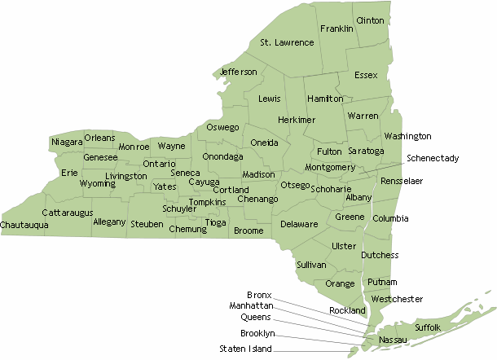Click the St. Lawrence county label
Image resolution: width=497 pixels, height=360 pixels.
click(287, 42)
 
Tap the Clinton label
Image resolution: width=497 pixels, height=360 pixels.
click(370, 20)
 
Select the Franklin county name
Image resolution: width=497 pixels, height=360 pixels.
click(336, 29)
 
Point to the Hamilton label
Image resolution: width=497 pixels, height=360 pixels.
click(326, 99)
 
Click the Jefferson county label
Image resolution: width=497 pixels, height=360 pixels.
click(239, 72)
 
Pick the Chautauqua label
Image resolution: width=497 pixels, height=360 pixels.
click(24, 224)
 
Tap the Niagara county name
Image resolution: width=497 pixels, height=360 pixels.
click(67, 143)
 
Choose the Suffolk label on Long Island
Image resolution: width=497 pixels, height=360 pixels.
click(428, 327)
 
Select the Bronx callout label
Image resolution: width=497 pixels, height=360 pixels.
click(259, 294)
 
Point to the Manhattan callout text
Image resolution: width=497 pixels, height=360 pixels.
click(251, 305)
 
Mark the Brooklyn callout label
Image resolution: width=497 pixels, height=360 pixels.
click(257, 333)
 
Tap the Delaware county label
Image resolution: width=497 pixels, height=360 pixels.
click(299, 223)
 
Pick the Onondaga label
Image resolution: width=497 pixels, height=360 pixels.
click(222, 156)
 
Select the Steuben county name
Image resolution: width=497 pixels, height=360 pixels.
click(147, 223)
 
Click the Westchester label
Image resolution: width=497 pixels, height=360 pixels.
click(397, 299)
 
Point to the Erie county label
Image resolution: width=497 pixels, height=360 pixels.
click(69, 173)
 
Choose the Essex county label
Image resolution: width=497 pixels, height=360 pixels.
click(367, 76)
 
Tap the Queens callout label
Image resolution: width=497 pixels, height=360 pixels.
click(257, 317)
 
